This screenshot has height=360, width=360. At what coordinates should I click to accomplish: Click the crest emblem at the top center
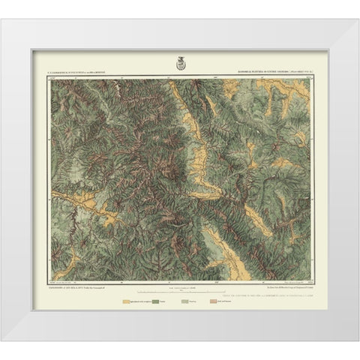click(179, 62)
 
